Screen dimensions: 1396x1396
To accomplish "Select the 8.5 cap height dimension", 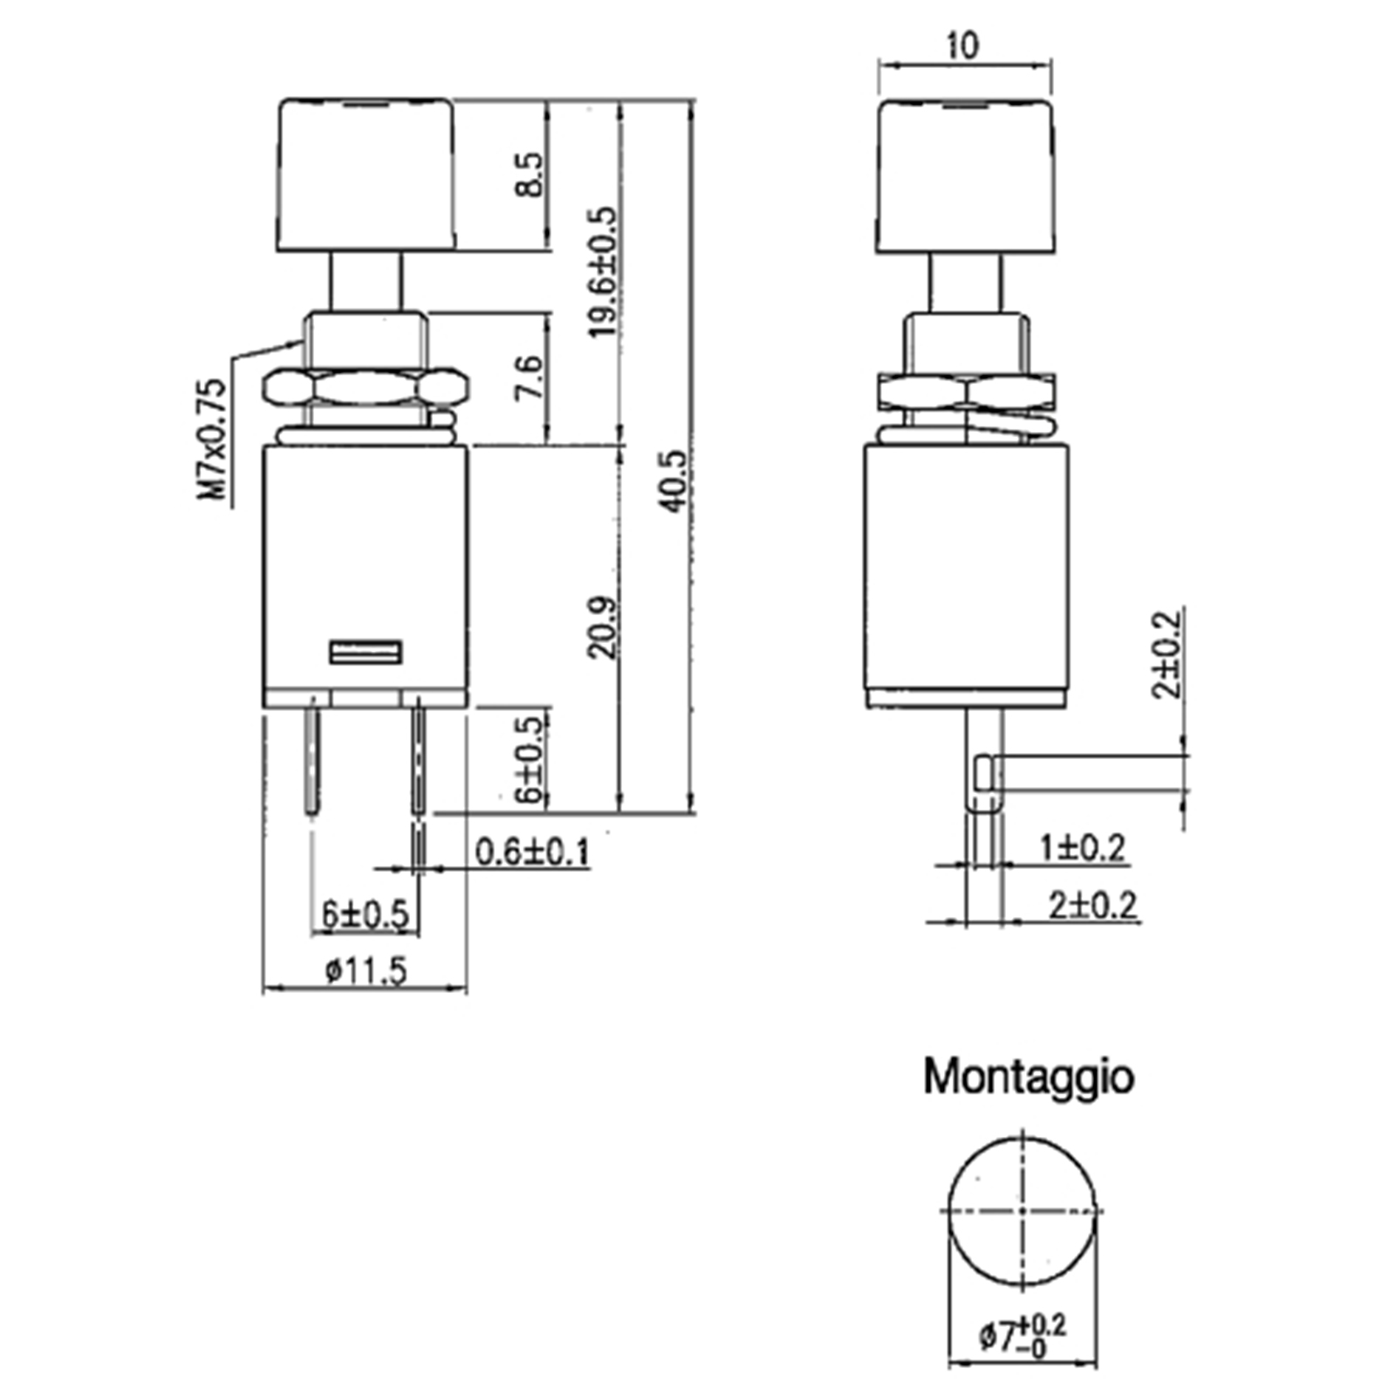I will click(x=529, y=175).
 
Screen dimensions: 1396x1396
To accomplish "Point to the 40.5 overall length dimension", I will click(x=673, y=481).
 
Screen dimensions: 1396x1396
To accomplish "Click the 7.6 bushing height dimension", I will click(x=529, y=377).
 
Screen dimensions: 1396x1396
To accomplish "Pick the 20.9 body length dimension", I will click(x=602, y=627).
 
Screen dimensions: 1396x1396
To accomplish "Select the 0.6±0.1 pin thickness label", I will click(x=532, y=852).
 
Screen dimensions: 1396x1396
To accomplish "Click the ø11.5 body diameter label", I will click(x=366, y=969).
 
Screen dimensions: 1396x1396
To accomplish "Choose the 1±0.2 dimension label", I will click(x=1082, y=847).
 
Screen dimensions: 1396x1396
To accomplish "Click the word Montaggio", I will click(x=1029, y=1077).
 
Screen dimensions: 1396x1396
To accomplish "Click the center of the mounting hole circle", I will click(x=1022, y=1211).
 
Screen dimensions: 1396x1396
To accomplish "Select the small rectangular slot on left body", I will click(x=366, y=652).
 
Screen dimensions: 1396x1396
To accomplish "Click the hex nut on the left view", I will click(x=366, y=387).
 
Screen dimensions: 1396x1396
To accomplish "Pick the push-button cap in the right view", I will click(x=964, y=175).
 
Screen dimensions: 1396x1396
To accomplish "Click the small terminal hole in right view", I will click(x=985, y=774).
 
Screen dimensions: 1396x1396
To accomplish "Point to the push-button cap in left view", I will click(x=366, y=175).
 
